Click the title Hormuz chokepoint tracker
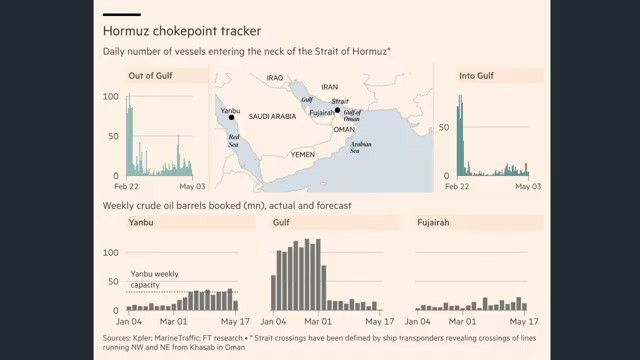[x=182, y=31]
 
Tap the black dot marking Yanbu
[x=231, y=118]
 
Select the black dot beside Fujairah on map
[x=337, y=110]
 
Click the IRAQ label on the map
[x=275, y=78]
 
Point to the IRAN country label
[x=329, y=87]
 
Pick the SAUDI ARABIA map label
[x=272, y=116]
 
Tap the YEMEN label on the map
[x=302, y=154]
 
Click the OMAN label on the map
[x=344, y=129]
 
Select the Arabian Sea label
[x=360, y=147]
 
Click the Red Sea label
[x=233, y=141]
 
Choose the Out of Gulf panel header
[x=150, y=76]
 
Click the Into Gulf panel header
[x=476, y=76]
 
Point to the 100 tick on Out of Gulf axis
[x=111, y=97]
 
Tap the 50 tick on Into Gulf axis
[x=444, y=127]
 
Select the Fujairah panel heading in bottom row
[x=433, y=222]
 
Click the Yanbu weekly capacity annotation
[x=154, y=279]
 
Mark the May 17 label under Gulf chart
[x=380, y=322]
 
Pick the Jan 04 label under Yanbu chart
[x=129, y=322]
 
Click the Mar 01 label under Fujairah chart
[x=462, y=322]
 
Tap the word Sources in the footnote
[x=117, y=338]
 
